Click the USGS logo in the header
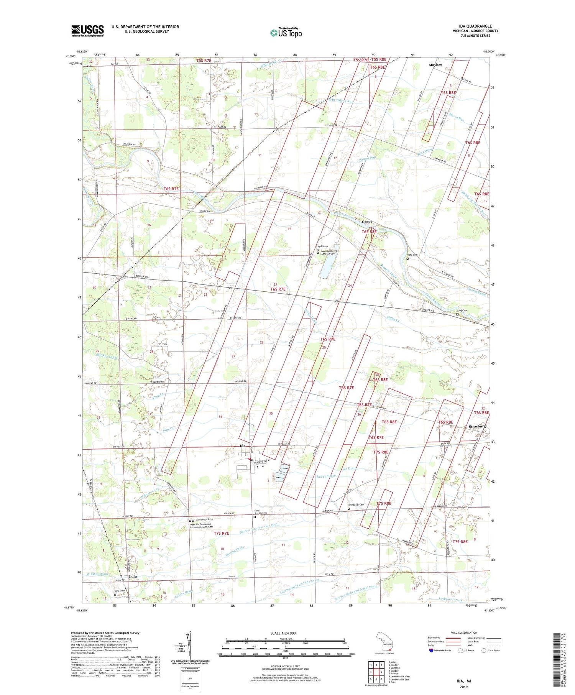tap(87, 31)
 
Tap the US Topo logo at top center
tap(286, 33)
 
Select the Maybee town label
tap(435, 65)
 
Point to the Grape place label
tap(367, 222)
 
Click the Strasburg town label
tap(477, 426)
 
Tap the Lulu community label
tap(133, 576)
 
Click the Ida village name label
tap(242, 446)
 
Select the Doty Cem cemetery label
tap(412, 255)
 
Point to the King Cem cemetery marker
tap(457, 314)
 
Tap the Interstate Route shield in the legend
tap(430, 651)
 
